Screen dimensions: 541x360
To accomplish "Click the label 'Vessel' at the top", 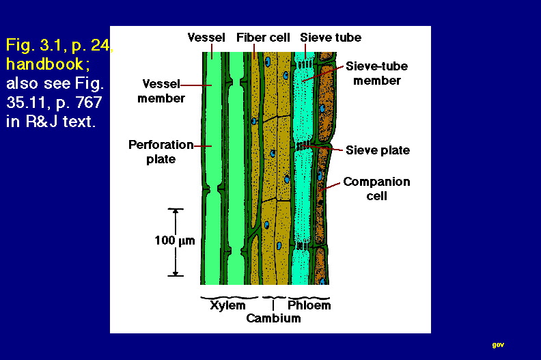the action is (206, 38).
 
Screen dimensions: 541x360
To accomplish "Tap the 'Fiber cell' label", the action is (263, 38).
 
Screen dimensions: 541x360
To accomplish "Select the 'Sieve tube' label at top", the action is (331, 38).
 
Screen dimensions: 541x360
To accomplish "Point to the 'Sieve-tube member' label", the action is (377, 73).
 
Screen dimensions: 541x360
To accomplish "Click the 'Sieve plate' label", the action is (378, 150).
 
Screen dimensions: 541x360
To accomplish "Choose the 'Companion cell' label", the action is (376, 189).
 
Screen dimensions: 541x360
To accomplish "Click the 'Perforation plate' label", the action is (161, 152).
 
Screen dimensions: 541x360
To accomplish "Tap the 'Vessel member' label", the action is (161, 91).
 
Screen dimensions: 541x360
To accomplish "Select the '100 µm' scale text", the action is (175, 240).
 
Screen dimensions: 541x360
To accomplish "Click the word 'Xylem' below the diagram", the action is (227, 305).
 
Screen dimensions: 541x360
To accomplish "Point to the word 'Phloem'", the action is (309, 305).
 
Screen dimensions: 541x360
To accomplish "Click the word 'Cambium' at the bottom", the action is (273, 318).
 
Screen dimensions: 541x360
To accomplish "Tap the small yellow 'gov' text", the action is (498, 345).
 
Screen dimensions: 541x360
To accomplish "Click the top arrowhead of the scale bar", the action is (176, 212).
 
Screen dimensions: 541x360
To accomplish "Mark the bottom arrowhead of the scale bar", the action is (176, 273).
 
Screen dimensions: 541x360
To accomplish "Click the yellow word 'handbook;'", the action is (48, 64).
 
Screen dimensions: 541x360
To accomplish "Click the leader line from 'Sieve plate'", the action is (322, 148).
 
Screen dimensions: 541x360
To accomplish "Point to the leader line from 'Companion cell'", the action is (329, 186).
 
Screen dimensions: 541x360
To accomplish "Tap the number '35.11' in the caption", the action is (26, 102).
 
